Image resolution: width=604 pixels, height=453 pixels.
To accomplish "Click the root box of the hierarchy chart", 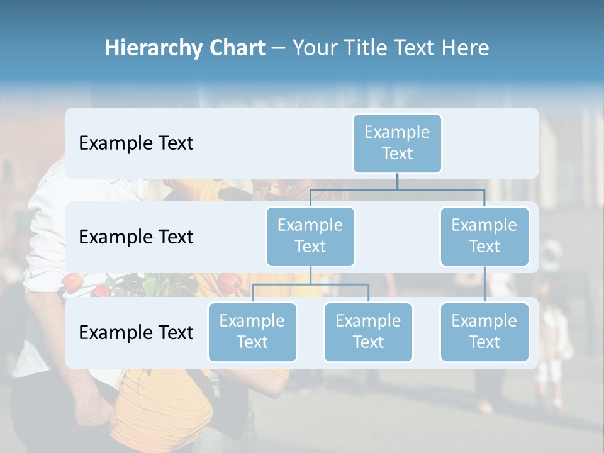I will [x=397, y=143].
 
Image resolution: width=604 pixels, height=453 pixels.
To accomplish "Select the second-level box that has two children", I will [x=310, y=236].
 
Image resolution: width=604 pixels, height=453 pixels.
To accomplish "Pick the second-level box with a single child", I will [x=484, y=236].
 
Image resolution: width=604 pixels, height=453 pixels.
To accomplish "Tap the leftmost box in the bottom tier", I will [x=252, y=332].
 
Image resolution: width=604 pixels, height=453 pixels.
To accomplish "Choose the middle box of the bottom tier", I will [x=368, y=332].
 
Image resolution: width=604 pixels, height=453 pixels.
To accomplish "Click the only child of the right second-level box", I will [x=484, y=332].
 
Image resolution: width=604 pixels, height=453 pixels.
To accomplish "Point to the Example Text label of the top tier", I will [x=136, y=143].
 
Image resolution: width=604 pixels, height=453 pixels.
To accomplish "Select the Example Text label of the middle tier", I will [x=136, y=237].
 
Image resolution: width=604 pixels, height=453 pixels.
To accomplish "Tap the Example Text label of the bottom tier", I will [x=136, y=332].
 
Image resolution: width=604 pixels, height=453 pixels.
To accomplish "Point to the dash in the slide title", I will [x=278, y=48].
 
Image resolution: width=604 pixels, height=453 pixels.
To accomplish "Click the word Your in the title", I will [x=313, y=48].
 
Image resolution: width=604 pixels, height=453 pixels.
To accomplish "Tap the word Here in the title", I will [x=466, y=48].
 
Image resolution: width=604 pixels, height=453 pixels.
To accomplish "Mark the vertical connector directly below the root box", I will [x=397, y=181].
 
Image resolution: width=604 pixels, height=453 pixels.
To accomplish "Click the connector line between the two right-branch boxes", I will [x=484, y=284].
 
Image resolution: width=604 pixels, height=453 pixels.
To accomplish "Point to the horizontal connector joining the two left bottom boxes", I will [x=310, y=284].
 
